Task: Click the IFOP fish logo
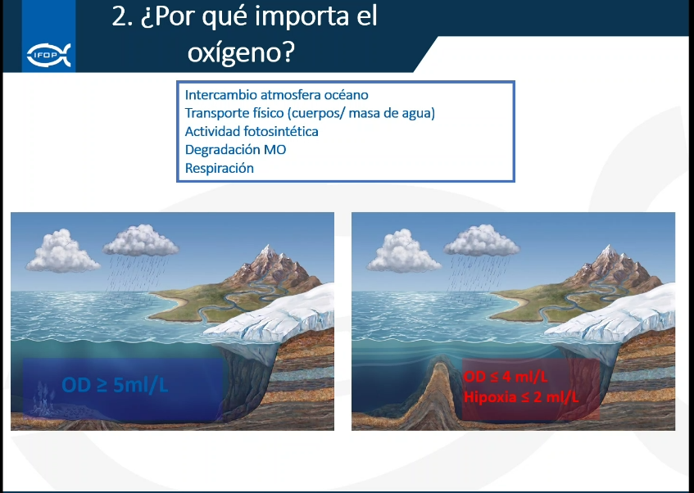click(48, 55)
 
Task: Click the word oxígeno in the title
click(241, 52)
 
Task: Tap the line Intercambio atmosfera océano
click(277, 95)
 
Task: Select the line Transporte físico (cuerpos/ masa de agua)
click(310, 113)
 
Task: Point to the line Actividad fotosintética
click(252, 131)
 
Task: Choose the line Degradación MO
click(235, 150)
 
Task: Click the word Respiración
click(220, 168)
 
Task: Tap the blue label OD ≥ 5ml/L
click(115, 385)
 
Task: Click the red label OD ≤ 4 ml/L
click(506, 377)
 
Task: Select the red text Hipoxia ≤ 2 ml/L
click(521, 396)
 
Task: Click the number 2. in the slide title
click(122, 17)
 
